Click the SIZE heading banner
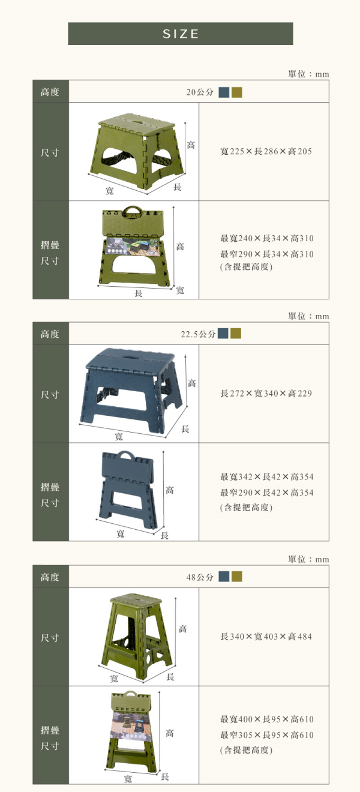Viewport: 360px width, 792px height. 181,34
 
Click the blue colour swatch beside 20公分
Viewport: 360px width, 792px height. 224,92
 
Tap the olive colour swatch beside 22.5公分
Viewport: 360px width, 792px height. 236,334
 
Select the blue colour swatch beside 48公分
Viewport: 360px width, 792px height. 224,577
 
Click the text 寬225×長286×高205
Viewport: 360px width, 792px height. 266,152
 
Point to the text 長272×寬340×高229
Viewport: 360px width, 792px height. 266,394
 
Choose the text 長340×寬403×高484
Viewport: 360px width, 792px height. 266,637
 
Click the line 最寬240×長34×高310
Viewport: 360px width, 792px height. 267,238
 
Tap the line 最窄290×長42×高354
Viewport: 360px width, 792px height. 267,493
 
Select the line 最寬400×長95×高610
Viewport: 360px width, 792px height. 267,719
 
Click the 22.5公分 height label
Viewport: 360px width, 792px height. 198,334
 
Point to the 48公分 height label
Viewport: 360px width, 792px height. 200,577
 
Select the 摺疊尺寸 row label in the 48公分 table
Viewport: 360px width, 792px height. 50,739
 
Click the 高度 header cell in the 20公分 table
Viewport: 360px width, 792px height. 50,92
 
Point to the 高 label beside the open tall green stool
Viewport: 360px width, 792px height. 182,629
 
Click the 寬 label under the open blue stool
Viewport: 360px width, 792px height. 119,436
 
